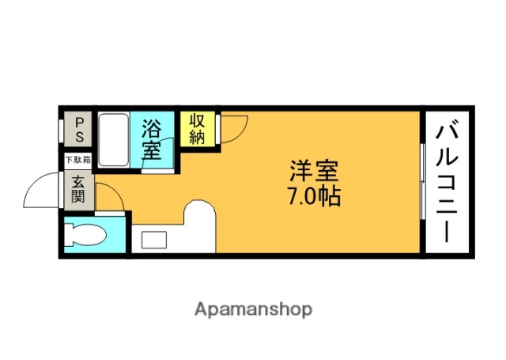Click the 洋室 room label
[x=315, y=171]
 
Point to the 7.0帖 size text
[x=315, y=195]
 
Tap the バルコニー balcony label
[x=447, y=180]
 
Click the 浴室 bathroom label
[x=153, y=138]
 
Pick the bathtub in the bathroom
[x=114, y=140]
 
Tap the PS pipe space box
[x=81, y=129]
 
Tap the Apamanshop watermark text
[x=253, y=309]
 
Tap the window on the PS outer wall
[x=62, y=130]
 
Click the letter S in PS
[x=81, y=136]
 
